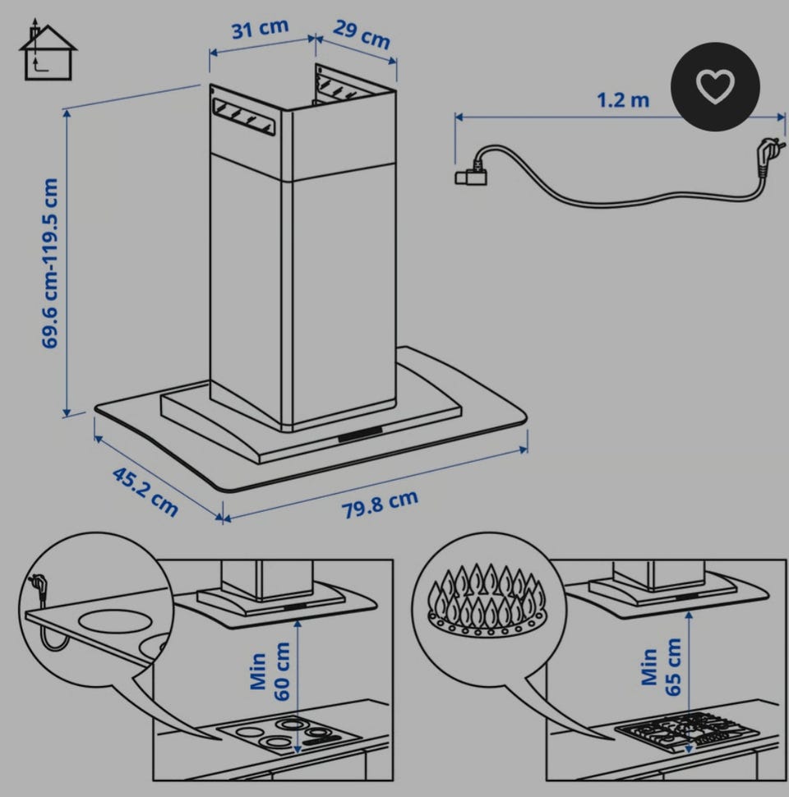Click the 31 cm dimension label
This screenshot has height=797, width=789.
(260, 29)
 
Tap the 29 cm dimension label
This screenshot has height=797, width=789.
(362, 34)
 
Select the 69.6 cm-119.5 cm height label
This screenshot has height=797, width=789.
(50, 263)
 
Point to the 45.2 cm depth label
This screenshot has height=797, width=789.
(145, 491)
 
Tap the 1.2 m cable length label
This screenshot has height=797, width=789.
(623, 100)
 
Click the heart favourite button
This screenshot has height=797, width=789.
(715, 87)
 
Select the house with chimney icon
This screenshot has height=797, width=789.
(48, 50)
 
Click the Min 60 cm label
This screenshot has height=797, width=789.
(270, 671)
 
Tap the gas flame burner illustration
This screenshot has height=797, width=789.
(487, 600)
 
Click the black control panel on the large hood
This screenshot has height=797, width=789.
(360, 434)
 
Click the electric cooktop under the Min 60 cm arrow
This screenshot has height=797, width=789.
(289, 735)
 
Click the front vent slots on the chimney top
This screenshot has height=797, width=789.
(244, 117)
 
